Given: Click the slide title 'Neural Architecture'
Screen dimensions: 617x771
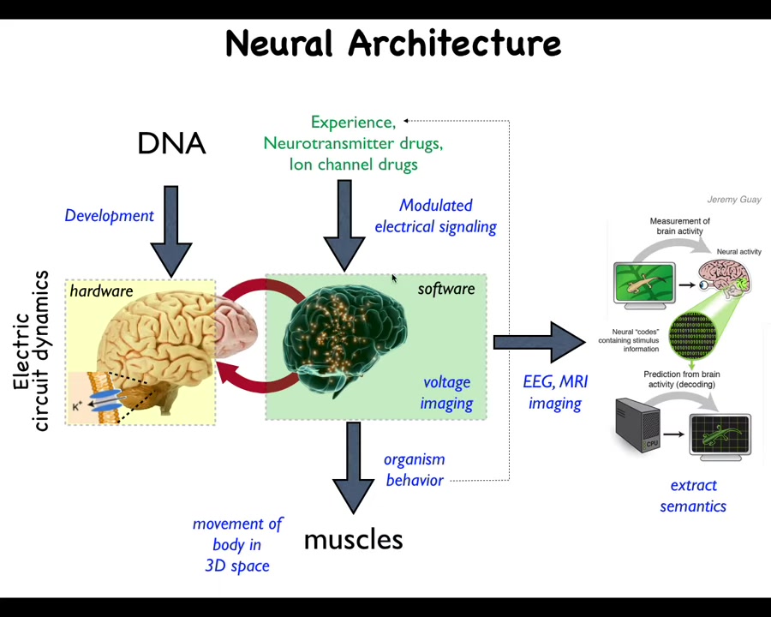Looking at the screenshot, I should [x=393, y=43].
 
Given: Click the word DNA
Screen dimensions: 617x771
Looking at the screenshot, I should [x=171, y=143].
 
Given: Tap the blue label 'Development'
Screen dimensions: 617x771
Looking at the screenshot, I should [x=109, y=215].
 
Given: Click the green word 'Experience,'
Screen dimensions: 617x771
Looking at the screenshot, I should [x=353, y=123].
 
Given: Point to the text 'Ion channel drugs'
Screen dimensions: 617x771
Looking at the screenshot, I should [x=353, y=164].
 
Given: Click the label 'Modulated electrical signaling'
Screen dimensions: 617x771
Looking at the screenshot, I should [x=435, y=216].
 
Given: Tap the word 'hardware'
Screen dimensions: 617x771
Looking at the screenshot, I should [x=101, y=291].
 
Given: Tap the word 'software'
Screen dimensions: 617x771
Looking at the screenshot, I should [x=445, y=289].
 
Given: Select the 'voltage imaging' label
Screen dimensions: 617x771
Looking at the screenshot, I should [x=446, y=392].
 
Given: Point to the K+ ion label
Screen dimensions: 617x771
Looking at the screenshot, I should [x=77, y=406].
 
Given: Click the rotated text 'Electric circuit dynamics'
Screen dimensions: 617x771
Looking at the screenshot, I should [x=31, y=351].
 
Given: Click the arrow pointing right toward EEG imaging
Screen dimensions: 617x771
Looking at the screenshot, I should [x=539, y=343].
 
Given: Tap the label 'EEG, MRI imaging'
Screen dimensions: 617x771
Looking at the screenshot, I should [x=555, y=392].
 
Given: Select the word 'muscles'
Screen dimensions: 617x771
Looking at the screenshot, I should [x=353, y=540].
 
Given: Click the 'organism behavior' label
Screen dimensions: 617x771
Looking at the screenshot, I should [x=415, y=470].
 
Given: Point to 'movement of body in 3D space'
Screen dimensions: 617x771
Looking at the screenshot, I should [x=237, y=544].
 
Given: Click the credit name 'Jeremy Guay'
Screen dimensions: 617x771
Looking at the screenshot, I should [x=733, y=200].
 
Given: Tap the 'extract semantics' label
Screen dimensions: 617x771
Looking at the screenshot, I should [x=693, y=495].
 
